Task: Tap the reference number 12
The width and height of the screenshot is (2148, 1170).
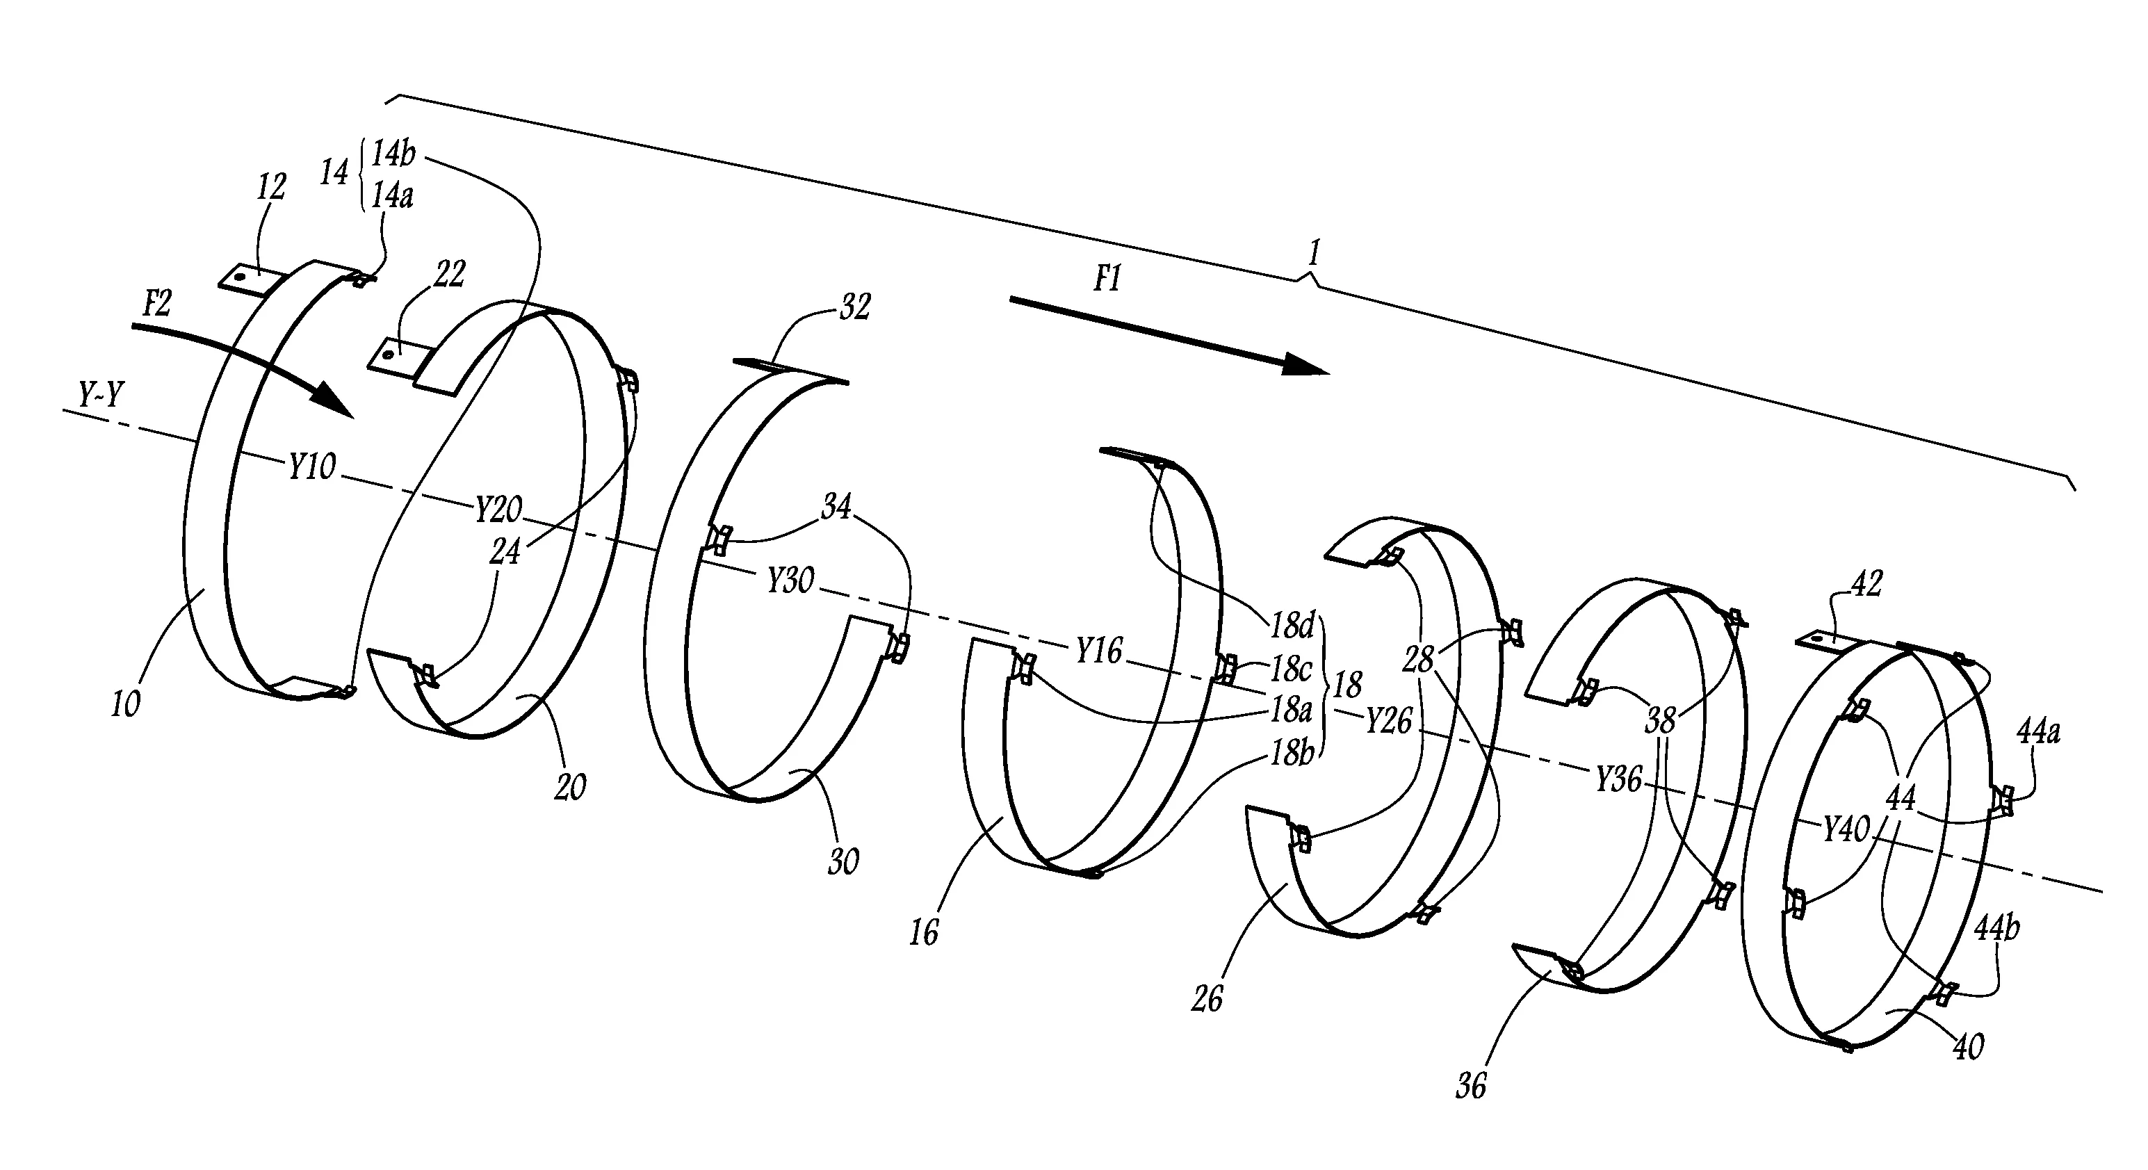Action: [270, 187]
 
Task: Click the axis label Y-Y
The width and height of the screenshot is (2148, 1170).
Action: [101, 394]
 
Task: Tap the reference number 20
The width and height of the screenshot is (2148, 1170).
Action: [570, 786]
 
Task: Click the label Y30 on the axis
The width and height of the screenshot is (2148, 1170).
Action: [790, 580]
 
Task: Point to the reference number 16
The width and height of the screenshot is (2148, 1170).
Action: [923, 932]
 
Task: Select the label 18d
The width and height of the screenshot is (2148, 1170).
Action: [1292, 623]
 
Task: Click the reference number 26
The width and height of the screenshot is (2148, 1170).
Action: [1207, 998]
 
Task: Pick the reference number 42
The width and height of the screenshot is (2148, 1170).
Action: [1866, 584]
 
